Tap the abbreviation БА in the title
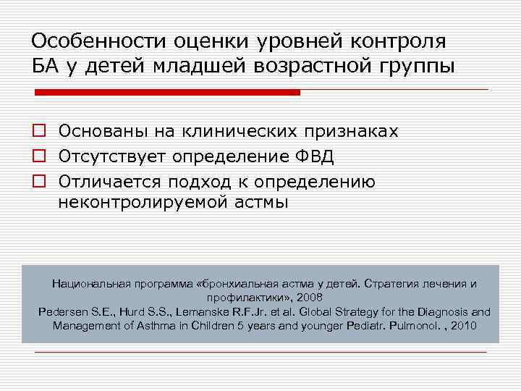[x=44, y=67]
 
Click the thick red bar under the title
[x=167, y=93]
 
